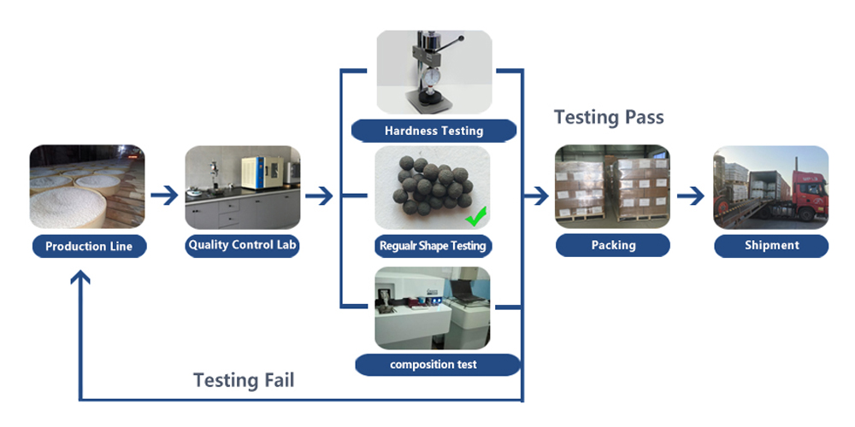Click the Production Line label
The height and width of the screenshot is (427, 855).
(x=89, y=247)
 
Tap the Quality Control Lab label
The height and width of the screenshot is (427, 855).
(x=243, y=245)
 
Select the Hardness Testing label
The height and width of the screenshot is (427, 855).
(x=433, y=131)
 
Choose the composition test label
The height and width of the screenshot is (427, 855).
(x=433, y=365)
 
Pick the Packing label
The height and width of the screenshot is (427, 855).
(x=613, y=245)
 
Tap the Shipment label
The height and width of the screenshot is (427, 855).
(x=771, y=245)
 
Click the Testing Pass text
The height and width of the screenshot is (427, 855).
(x=609, y=117)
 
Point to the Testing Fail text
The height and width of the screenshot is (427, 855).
(x=244, y=380)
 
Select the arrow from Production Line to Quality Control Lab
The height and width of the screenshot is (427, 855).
(x=164, y=196)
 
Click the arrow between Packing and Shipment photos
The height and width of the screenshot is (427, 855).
(x=691, y=196)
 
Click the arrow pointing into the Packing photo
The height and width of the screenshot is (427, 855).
(x=536, y=196)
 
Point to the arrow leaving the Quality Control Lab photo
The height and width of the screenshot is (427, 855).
(x=318, y=196)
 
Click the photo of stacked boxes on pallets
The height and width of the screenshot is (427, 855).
(x=612, y=187)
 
